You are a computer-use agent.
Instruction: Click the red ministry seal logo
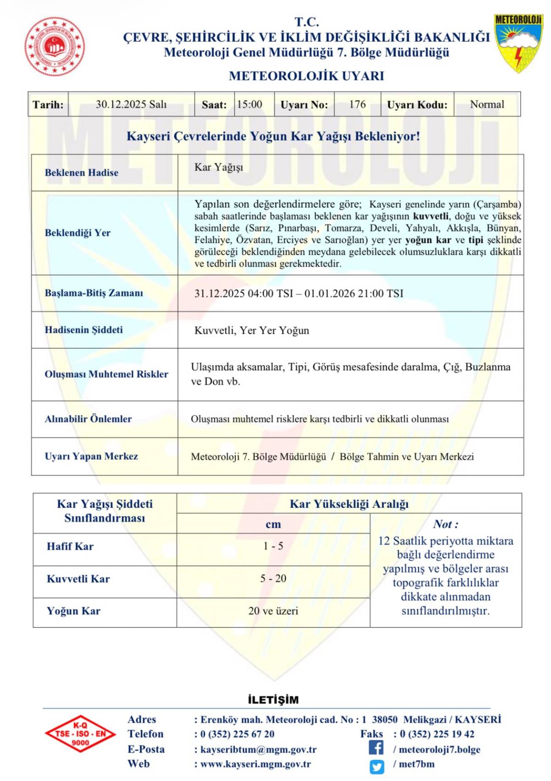(x=55, y=46)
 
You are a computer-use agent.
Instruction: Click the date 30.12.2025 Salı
(x=131, y=105)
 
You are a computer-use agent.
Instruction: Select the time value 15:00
(x=250, y=105)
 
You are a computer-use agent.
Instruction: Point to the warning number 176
(x=357, y=105)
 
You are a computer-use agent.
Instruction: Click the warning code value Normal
(x=487, y=105)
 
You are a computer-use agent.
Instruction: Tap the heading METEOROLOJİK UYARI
(x=306, y=76)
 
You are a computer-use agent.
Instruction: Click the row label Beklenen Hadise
(x=81, y=173)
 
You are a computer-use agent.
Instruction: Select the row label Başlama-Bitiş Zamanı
(x=94, y=293)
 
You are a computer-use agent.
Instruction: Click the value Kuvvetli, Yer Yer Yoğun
(x=252, y=330)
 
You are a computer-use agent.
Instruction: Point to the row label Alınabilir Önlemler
(x=88, y=419)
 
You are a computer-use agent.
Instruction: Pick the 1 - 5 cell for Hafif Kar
(x=273, y=546)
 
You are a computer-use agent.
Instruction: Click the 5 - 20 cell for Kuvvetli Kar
(x=273, y=579)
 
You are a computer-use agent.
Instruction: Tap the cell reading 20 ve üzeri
(x=273, y=611)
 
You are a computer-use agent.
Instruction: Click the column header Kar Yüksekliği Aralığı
(x=349, y=504)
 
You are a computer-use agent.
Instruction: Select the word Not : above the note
(x=445, y=524)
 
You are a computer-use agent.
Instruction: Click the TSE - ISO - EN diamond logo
(x=80, y=734)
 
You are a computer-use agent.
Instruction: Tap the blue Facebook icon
(x=376, y=748)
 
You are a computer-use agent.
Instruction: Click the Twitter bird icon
(x=377, y=766)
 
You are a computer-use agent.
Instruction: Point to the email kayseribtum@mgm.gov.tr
(x=259, y=749)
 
